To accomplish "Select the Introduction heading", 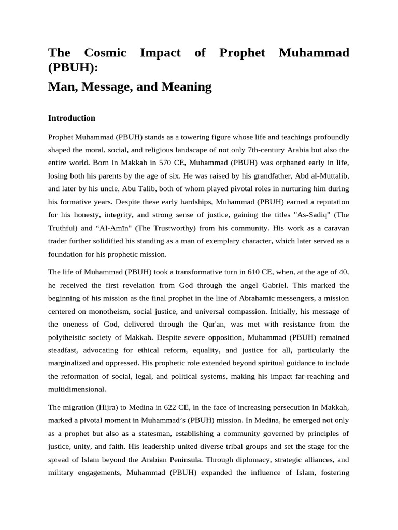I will click(72, 118).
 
